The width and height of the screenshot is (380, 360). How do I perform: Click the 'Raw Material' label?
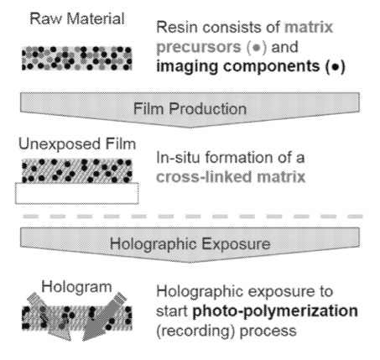[x=77, y=19]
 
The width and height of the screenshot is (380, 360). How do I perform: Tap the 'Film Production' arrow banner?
[x=190, y=109]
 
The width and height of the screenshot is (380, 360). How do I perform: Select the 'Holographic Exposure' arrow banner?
[x=190, y=245]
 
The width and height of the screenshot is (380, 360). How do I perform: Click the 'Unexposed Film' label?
[x=77, y=144]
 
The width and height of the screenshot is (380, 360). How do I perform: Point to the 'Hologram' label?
[x=76, y=287]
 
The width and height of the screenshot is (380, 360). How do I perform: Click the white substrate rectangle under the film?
[x=76, y=193]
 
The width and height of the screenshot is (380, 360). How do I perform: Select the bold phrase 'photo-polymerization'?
[x=275, y=311]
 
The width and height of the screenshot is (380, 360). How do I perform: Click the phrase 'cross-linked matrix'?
[x=231, y=177]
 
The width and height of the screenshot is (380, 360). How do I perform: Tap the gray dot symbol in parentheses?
[x=257, y=47]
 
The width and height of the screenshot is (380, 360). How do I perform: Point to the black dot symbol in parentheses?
[x=336, y=67]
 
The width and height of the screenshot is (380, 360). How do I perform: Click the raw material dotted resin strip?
[x=76, y=58]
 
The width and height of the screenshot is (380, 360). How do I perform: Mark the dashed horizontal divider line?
[x=193, y=217]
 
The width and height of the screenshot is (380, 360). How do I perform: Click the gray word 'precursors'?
[x=199, y=47]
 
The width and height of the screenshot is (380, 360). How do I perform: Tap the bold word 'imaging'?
[x=187, y=67]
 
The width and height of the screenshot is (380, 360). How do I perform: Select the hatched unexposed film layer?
[x=76, y=171]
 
